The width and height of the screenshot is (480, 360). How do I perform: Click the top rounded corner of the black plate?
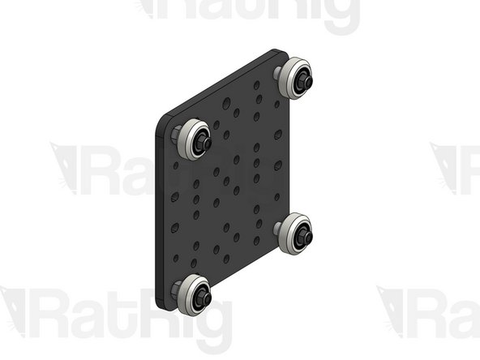pos(274,54)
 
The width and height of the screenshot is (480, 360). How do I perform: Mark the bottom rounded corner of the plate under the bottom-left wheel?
pos(166,306)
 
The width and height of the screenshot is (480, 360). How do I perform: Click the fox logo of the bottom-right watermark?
pos(392,312)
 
